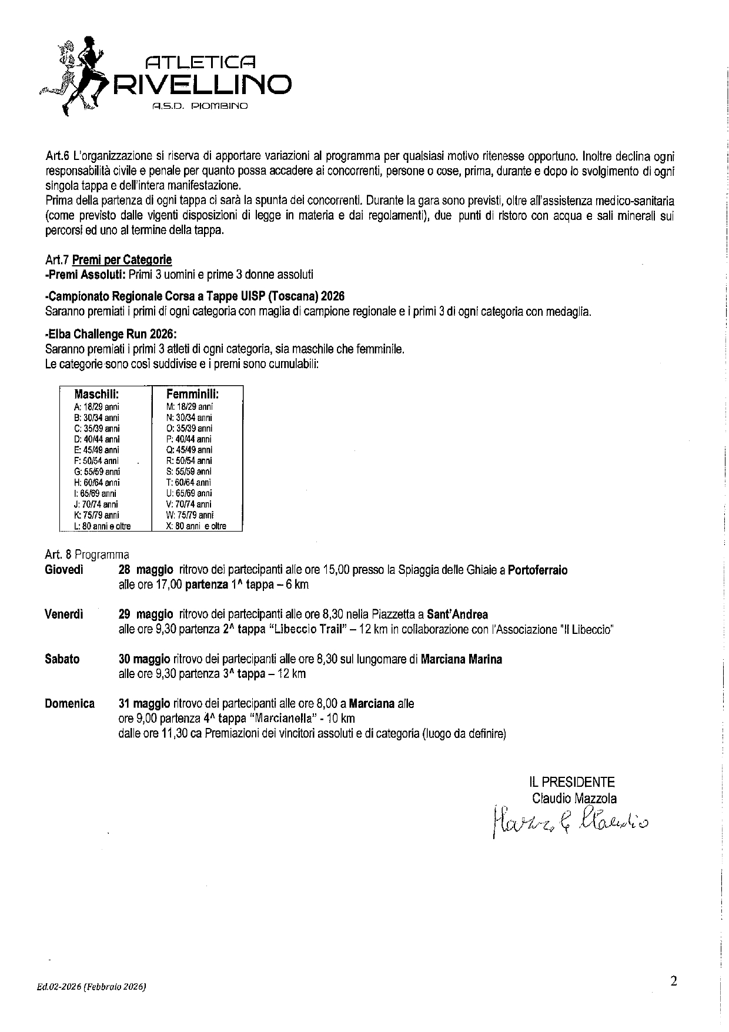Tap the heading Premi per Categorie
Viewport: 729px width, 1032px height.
point(122,260)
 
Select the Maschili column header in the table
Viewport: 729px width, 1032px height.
point(97,395)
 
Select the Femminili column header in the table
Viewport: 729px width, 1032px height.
point(193,395)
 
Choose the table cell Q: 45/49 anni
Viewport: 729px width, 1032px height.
point(189,450)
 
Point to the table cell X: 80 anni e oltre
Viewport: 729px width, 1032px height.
point(196,526)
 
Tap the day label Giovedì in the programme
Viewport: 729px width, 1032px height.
point(64,570)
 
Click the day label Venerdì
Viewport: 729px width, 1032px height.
point(64,614)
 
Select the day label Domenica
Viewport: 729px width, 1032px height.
point(69,703)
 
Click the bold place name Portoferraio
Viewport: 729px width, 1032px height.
point(537,570)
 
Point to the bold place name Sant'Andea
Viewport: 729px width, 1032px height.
point(457,614)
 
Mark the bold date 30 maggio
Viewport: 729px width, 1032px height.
point(145,659)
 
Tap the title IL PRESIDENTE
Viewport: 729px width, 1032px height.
point(571,782)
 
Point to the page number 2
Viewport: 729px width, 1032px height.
point(674,981)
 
